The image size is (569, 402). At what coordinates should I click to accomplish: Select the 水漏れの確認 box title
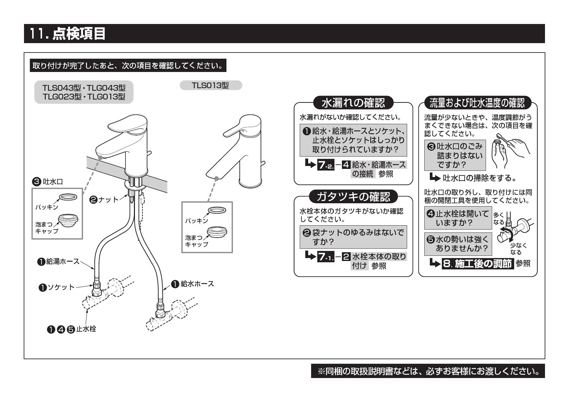point(353,103)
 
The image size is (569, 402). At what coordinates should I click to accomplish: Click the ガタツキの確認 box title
point(353,196)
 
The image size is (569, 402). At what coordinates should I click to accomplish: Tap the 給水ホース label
point(194,284)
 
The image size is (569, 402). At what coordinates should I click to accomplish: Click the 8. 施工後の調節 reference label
point(479,264)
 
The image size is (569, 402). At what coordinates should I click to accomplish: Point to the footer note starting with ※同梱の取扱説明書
point(428,371)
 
